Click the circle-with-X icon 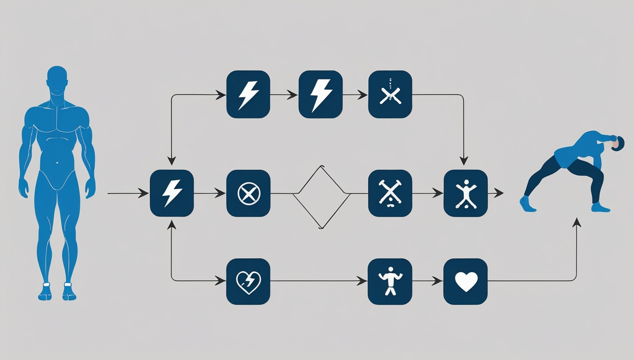pos(248,193)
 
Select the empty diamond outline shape pos(321,197)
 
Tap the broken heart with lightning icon pos(248,281)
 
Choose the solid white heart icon pos(465,281)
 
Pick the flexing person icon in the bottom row pos(390,281)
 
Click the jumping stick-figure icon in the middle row pos(465,193)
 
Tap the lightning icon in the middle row pos(172,193)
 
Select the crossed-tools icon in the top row pos(390,94)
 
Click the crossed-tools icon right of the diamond pos(390,193)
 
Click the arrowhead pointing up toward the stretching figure pos(577,222)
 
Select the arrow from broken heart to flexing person pos(319,280)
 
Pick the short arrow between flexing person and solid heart pos(428,280)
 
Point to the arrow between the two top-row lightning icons pos(284,95)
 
